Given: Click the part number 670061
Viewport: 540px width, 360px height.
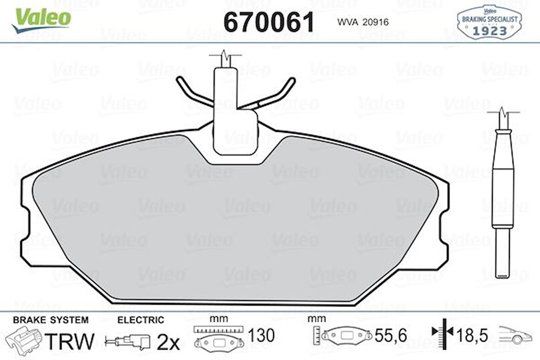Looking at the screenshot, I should [269, 22].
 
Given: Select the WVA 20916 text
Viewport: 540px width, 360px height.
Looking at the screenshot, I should [362, 22].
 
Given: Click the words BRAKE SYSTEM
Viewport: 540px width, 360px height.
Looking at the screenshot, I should [50, 320].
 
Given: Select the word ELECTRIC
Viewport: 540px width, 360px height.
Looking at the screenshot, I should [140, 320].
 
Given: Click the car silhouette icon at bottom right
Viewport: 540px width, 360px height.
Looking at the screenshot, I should [515, 335].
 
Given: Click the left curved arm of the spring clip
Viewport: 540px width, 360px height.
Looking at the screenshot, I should [190, 92].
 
